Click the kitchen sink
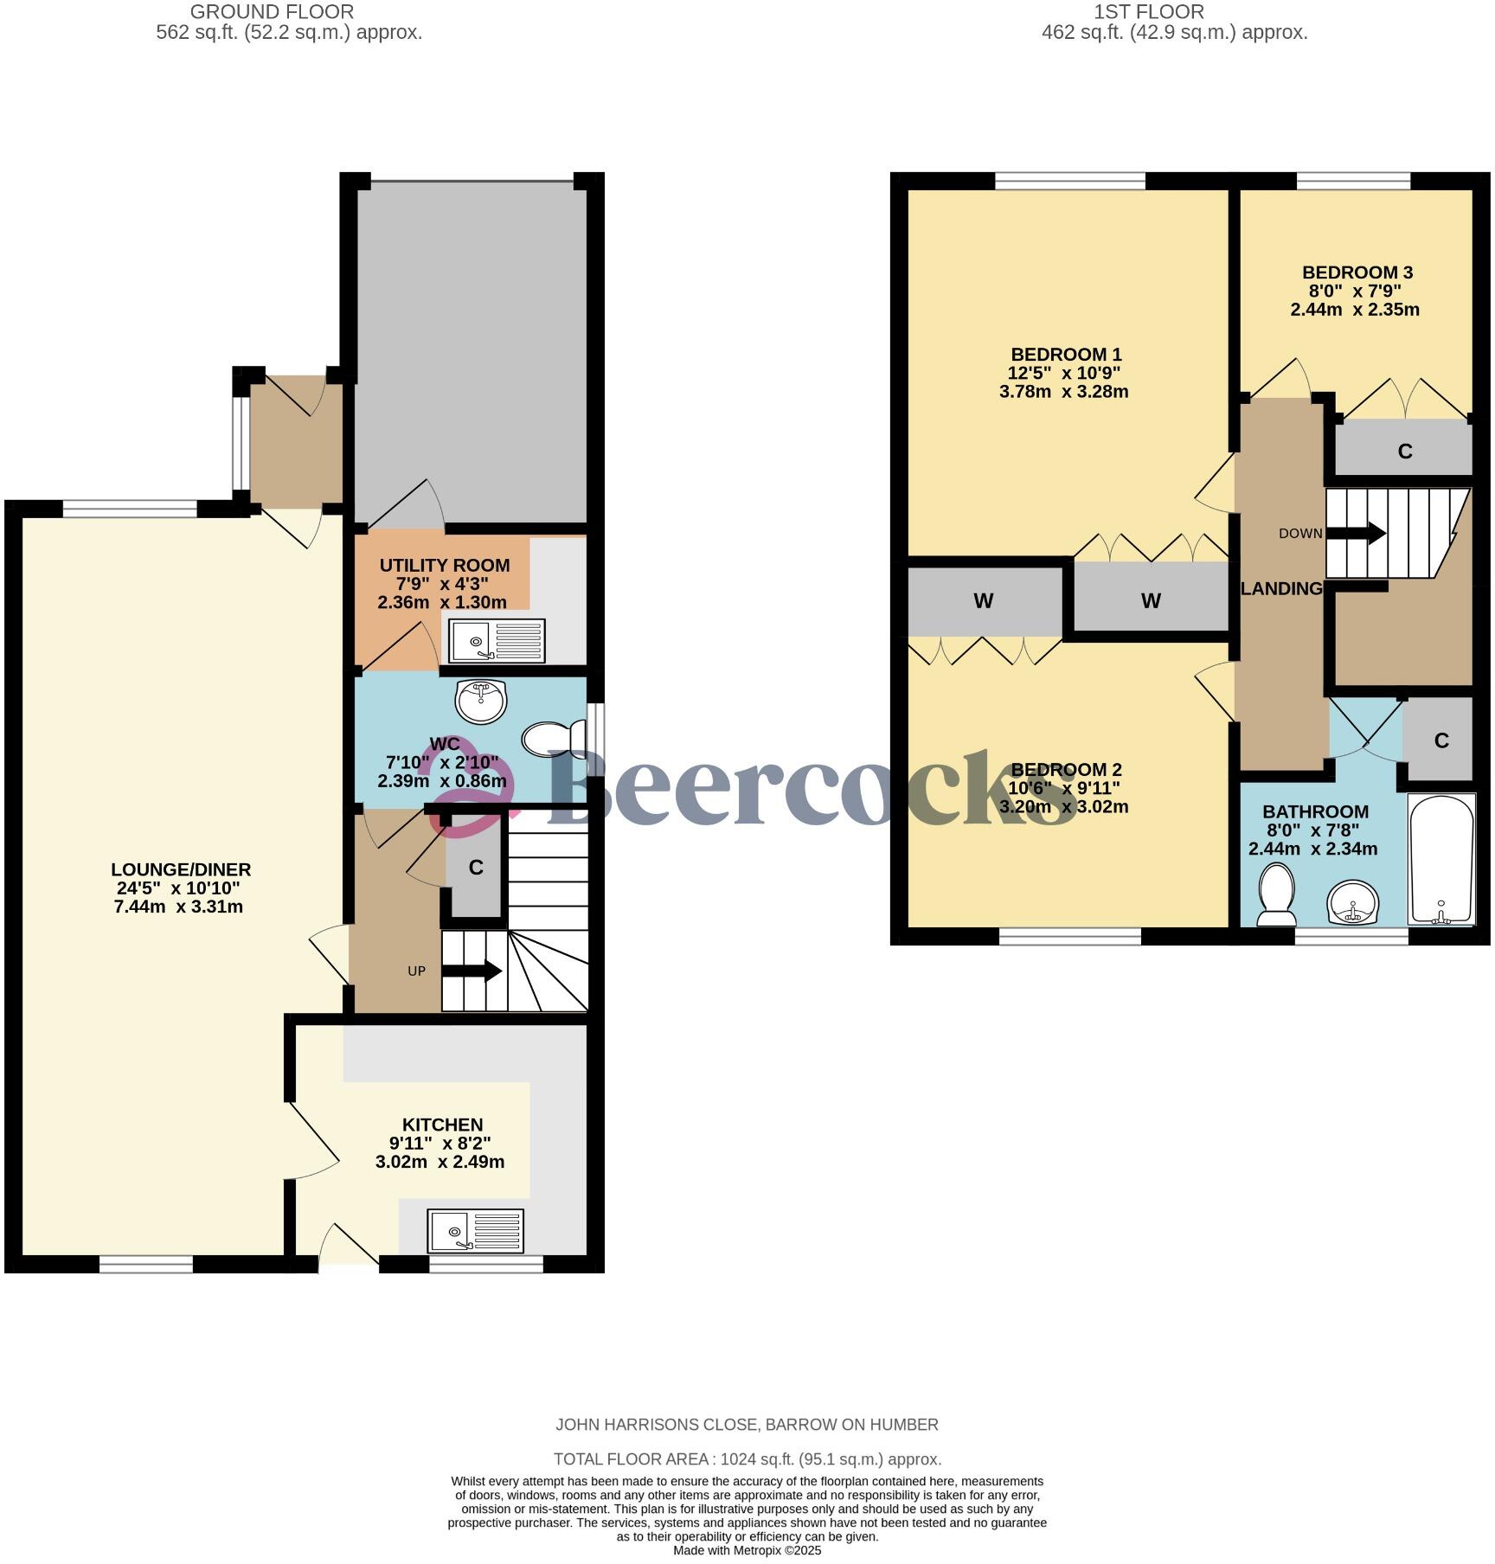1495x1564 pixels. coord(475,1230)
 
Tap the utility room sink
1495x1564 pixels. coord(497,641)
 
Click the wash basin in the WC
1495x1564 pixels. coord(481,701)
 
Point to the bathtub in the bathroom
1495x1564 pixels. coord(1441,859)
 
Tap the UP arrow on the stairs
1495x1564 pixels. coord(472,971)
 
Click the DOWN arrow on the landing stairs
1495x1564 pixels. coord(1356,533)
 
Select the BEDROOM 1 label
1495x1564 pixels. coord(1065,355)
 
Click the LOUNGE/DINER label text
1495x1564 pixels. coord(181,869)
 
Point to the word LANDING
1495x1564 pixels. coord(1281,589)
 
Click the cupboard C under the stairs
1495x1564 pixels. coord(475,868)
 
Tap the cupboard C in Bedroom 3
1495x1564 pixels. coord(1404,451)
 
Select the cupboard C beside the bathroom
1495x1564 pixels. coord(1440,740)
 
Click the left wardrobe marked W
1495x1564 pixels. coord(983,600)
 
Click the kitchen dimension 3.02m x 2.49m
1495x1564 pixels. coord(440,1162)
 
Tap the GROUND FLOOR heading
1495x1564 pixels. coord(272,12)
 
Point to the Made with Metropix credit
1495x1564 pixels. coord(747,1550)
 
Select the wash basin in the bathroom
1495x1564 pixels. coord(1352,904)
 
